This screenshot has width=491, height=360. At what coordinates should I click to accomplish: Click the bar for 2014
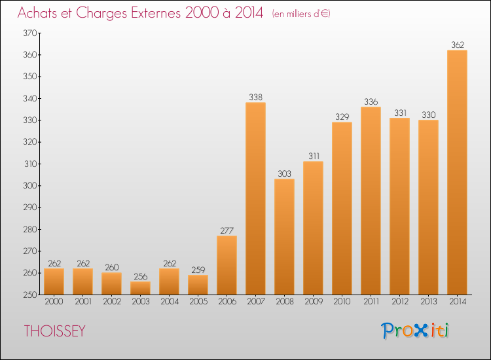457,172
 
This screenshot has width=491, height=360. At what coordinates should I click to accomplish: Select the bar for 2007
255,198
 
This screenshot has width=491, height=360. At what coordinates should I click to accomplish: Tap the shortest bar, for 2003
140,288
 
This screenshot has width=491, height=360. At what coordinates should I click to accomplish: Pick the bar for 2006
227,265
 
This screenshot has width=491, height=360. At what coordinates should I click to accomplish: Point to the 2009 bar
313,228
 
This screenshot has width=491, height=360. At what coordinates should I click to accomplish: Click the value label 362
458,45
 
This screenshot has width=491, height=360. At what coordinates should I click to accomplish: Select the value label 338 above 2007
255,97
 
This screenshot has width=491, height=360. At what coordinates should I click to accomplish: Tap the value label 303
284,173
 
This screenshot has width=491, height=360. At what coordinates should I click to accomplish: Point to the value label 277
227,230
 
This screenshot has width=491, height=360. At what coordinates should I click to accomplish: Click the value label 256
140,276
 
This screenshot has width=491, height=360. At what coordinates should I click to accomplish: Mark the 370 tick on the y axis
30,33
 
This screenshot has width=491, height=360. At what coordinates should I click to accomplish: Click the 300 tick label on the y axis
30,186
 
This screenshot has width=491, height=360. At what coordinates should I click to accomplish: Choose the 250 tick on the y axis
30,295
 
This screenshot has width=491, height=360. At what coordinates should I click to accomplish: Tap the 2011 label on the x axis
371,301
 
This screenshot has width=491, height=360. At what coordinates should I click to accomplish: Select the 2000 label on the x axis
54,301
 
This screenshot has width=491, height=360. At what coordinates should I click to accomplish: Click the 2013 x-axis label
428,301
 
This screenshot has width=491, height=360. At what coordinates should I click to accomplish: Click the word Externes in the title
156,13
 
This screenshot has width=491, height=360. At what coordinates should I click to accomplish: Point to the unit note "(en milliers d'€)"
301,14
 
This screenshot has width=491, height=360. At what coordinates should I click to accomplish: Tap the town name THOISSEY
55,331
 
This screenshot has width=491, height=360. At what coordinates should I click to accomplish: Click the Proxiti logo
415,331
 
